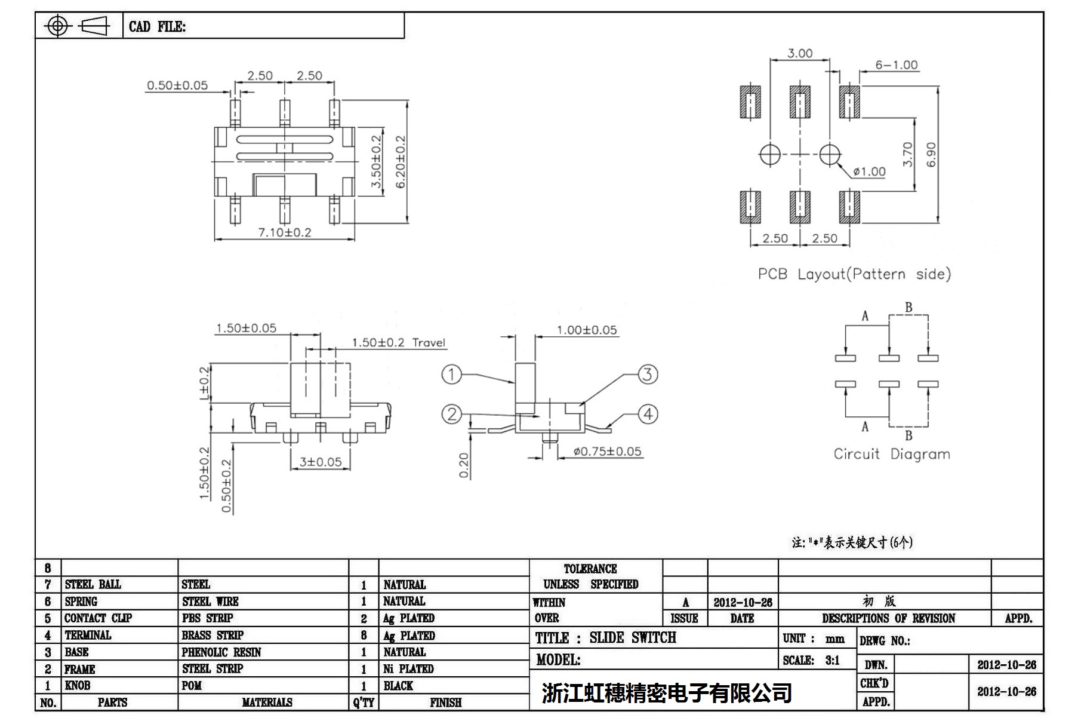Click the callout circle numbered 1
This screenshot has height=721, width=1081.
coord(451,375)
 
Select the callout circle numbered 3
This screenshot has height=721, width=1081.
coord(648,375)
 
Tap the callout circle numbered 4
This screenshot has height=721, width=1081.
coord(648,414)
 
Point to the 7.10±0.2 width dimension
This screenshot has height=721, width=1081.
coord(285,232)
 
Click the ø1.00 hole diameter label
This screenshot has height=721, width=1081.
coord(869,172)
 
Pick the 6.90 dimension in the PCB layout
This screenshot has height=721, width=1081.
coord(931,154)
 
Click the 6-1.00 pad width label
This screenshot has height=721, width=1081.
coord(896,65)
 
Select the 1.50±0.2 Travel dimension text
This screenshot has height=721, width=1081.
coord(398,343)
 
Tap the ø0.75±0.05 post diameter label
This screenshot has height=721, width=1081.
coord(607,452)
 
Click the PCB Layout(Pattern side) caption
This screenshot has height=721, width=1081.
coord(854,274)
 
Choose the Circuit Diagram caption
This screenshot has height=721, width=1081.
coord(892,454)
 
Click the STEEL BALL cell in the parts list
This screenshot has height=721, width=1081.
coord(93,584)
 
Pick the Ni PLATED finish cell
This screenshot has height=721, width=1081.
coord(408,669)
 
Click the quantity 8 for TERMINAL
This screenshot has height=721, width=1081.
coord(364,636)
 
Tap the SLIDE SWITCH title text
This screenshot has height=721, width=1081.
coord(633,638)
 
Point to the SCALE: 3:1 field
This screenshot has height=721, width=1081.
coord(811,660)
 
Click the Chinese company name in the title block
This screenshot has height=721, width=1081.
coord(667,693)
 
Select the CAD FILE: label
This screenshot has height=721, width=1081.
coord(157,27)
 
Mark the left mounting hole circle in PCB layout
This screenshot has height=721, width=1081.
coord(769,154)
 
